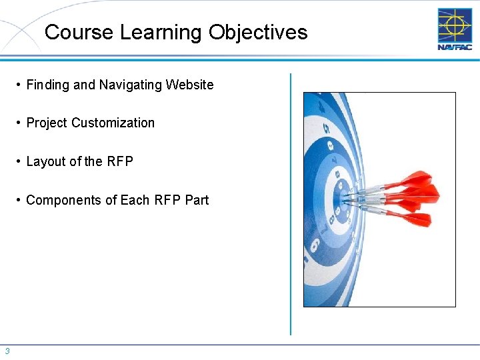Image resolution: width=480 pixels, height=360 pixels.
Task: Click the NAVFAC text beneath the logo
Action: pyautogui.click(x=455, y=47)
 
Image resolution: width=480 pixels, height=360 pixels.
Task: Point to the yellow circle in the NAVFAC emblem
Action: pyautogui.click(x=455, y=25)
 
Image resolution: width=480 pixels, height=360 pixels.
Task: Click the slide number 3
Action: pyautogui.click(x=7, y=351)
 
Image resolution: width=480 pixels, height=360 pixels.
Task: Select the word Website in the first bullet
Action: pyautogui.click(x=190, y=85)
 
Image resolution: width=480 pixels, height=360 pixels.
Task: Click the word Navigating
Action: pyautogui.click(x=130, y=85)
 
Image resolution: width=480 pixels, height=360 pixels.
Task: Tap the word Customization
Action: pyautogui.click(x=113, y=123)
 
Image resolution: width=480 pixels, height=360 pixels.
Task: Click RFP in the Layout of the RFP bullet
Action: pyautogui.click(x=120, y=161)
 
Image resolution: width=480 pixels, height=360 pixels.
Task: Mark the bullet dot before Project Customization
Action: pyautogui.click(x=19, y=123)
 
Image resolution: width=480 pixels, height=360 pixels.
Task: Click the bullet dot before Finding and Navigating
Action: pyautogui.click(x=19, y=85)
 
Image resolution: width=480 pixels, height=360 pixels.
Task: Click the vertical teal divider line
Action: pyautogui.click(x=291, y=200)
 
